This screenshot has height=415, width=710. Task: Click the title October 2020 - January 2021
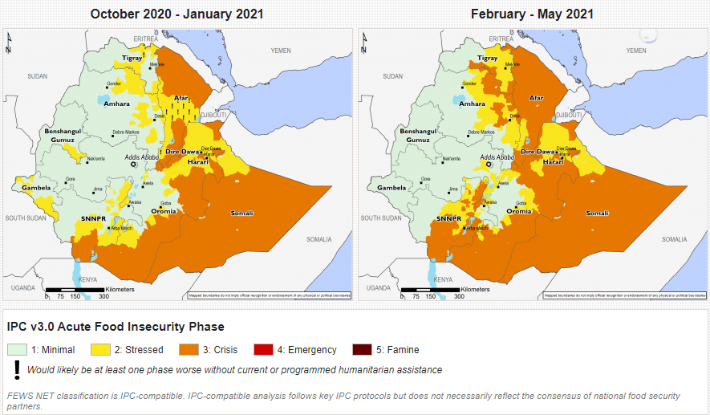[176, 14]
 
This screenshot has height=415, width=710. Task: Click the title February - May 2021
[532, 14]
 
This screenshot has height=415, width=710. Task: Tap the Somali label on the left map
[241, 213]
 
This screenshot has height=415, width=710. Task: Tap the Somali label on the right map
[597, 213]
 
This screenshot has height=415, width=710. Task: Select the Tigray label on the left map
[132, 58]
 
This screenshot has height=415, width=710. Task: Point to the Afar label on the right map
[537, 98]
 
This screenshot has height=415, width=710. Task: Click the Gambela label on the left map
[36, 188]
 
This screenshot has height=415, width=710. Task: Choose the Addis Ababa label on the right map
[498, 158]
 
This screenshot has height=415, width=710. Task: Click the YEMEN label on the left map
[281, 51]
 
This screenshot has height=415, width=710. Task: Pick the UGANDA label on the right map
[378, 287]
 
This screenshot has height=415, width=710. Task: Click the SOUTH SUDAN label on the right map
[381, 218]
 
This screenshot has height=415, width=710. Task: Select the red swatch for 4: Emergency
[263, 349]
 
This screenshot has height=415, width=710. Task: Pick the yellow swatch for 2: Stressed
[99, 349]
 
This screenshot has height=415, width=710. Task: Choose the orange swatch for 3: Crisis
[187, 349]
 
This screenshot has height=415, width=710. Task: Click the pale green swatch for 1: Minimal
[18, 349]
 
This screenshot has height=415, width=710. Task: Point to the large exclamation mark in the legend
[16, 369]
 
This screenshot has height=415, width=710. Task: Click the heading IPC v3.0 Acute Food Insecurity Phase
[115, 327]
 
